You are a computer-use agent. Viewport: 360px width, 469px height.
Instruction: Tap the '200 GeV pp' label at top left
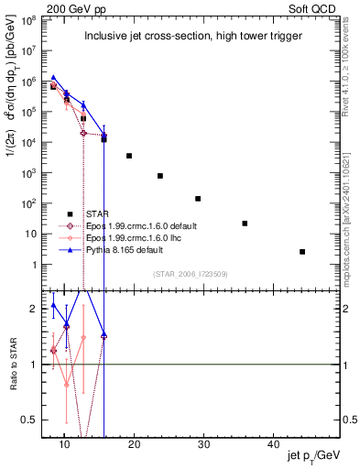click(x=71, y=7)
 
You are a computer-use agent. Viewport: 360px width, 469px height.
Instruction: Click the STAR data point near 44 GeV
click(x=302, y=251)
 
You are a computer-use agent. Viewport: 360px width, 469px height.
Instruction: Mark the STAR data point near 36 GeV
click(x=245, y=224)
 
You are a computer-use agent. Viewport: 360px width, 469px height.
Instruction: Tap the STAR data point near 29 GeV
click(x=198, y=199)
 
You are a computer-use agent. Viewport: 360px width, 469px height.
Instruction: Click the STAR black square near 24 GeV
click(x=160, y=176)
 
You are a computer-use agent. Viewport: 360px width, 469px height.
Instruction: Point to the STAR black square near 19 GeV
click(x=129, y=156)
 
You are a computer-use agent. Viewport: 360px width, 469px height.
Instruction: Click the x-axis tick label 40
click(x=273, y=444)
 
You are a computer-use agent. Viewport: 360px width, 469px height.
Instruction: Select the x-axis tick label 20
click(x=134, y=444)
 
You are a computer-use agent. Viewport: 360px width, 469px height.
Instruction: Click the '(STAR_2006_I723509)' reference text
click(x=190, y=273)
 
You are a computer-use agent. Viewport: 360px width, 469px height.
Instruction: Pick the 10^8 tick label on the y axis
click(x=32, y=18)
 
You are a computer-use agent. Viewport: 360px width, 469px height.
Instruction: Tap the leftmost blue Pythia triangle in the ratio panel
click(x=53, y=305)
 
